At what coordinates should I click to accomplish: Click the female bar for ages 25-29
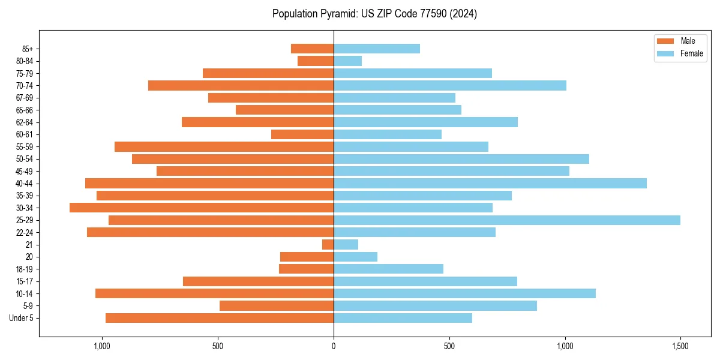click(x=507, y=220)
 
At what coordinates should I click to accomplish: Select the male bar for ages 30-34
click(x=202, y=208)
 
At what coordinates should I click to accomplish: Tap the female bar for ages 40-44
click(x=490, y=184)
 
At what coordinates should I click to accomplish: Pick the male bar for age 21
click(x=328, y=245)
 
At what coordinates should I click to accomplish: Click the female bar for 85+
click(x=377, y=49)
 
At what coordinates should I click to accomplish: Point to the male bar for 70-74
click(x=241, y=85)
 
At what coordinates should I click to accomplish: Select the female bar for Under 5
click(x=403, y=318)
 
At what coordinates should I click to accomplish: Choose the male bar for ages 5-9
click(x=277, y=306)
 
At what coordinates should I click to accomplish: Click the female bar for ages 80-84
click(x=348, y=61)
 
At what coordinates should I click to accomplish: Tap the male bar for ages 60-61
click(x=302, y=134)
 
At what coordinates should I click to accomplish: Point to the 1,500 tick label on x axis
click(x=680, y=346)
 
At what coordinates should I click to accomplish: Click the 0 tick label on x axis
click(x=334, y=346)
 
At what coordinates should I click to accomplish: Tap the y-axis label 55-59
click(x=28, y=147)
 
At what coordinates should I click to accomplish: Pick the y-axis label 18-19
click(x=28, y=269)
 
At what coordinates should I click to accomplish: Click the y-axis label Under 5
click(x=26, y=318)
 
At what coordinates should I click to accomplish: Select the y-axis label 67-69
click(x=28, y=98)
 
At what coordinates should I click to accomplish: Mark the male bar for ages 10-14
click(x=215, y=293)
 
